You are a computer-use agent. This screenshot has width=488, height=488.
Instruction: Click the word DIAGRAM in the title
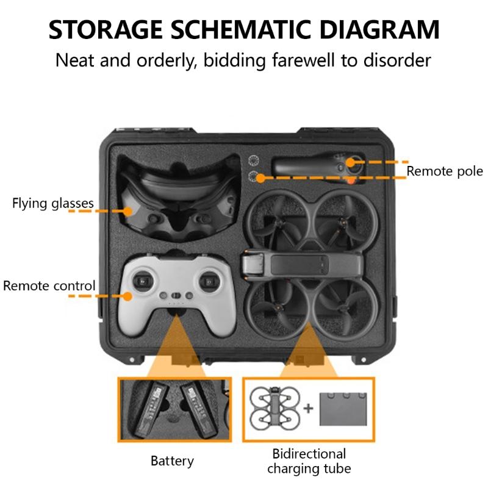pos(379,29)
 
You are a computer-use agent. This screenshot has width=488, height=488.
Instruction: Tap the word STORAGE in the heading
pos(106,29)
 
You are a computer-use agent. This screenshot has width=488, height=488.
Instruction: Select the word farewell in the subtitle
pos(304,60)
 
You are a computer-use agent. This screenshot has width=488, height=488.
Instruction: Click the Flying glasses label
pos(53,204)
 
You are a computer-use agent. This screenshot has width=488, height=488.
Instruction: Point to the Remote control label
pos(49,285)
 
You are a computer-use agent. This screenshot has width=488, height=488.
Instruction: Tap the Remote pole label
pos(445,171)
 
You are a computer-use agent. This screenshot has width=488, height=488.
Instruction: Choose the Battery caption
pos(172,461)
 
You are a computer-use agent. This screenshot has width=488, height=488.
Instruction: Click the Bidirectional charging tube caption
pos(309,461)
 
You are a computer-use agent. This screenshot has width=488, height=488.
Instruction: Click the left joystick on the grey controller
pos(143,281)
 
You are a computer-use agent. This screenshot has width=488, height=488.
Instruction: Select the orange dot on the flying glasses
pos(127,211)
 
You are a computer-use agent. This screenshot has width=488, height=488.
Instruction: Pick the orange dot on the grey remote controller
pos(127,296)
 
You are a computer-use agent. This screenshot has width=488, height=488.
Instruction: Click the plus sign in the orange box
pos(308,408)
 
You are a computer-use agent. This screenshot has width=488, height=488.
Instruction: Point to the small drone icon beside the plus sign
pos(275,408)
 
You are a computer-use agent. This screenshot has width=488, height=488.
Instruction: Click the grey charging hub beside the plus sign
pos(343,409)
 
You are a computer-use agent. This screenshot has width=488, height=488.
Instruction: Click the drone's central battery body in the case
pos(302,265)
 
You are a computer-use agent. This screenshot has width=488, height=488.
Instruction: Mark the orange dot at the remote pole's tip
pos(351,162)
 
